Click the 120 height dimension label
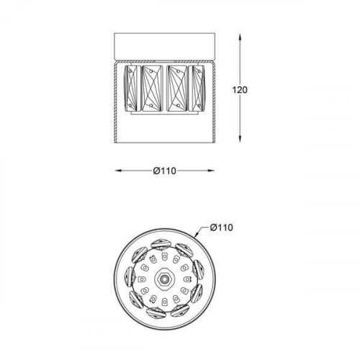click(240, 90)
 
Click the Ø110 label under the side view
click(165, 171)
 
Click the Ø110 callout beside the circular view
click(221, 228)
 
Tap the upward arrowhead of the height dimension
click(240, 38)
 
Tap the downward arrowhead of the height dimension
click(240, 139)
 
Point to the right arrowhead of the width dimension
click(210, 171)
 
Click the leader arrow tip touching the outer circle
click(195, 235)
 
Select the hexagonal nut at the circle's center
click(164, 279)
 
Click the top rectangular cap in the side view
click(165, 46)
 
